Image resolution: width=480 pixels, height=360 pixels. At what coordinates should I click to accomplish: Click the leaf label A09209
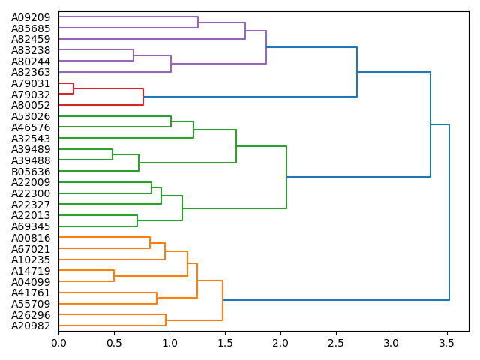31,16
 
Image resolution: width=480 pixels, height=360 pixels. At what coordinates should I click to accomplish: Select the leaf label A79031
31,83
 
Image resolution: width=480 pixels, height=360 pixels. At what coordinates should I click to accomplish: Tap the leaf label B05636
31,171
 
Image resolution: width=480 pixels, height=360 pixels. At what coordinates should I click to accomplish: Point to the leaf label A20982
31,325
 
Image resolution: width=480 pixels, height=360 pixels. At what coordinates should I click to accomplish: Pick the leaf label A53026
31,116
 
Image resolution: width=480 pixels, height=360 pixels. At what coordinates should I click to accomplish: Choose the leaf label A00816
31,238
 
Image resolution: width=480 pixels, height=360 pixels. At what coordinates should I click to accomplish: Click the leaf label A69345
31,226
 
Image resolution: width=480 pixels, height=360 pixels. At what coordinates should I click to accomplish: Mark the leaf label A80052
31,105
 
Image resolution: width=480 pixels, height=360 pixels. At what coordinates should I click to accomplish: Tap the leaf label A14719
31,271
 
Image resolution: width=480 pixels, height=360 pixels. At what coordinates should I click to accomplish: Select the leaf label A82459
31,39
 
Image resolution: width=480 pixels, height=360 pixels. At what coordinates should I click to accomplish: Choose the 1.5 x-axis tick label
225,342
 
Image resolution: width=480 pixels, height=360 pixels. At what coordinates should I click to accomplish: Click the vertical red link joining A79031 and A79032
73,88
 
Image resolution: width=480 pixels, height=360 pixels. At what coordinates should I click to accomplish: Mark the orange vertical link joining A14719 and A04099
114,276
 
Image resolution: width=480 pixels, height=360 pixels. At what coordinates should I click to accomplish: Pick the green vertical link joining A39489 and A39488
112,154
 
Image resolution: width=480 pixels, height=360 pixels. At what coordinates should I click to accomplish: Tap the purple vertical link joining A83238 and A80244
133,55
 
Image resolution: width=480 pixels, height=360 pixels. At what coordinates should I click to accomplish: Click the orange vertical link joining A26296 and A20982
166,320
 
